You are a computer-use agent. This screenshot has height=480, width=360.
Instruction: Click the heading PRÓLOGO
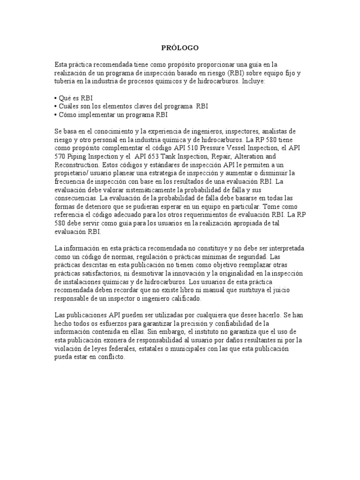(180, 48)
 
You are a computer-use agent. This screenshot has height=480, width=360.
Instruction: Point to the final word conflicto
(110, 357)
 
